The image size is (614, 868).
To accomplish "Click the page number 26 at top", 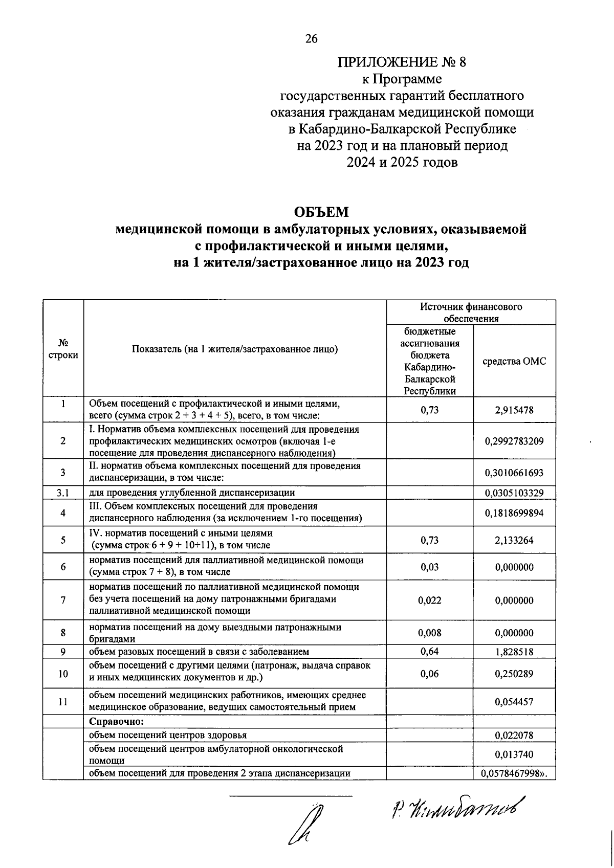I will [x=311, y=39].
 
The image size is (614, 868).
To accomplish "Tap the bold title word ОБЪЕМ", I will [x=321, y=211].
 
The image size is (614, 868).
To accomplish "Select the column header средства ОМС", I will [x=514, y=361].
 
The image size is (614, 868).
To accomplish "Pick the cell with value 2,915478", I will [x=514, y=410].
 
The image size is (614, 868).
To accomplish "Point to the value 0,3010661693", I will [x=514, y=473].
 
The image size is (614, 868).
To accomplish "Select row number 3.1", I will [x=63, y=493].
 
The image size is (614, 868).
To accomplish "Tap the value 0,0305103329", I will [x=514, y=493].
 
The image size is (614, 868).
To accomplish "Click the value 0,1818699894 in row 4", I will [x=514, y=513].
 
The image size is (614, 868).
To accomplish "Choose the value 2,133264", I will [x=514, y=540].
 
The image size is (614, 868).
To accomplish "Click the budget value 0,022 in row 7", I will [x=429, y=600].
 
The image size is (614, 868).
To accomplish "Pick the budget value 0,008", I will [x=429, y=633].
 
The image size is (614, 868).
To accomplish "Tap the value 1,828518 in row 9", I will [x=514, y=652].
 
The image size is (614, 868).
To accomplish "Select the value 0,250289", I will [x=514, y=674].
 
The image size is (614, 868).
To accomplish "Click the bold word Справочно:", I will [x=116, y=722].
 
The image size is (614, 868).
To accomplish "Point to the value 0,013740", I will [x=514, y=754].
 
